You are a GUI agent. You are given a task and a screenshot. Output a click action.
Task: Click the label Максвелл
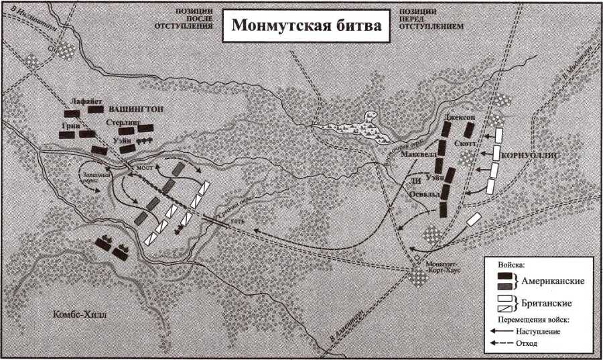[419, 155]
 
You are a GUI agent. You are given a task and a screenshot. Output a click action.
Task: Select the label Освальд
[423, 195]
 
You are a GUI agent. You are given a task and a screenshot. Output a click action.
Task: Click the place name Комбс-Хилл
[79, 315]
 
